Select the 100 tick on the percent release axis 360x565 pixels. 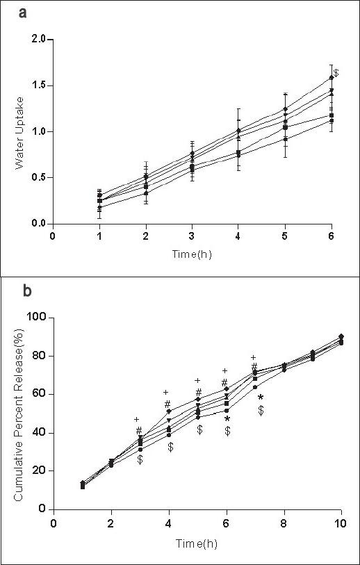[35, 317]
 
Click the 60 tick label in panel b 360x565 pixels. [38, 394]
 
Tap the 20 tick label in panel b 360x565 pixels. [38, 470]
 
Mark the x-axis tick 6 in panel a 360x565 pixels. [332, 236]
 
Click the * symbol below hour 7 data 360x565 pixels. [261, 398]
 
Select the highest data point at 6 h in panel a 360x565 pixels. [332, 78]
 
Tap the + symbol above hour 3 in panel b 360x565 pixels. [137, 419]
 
